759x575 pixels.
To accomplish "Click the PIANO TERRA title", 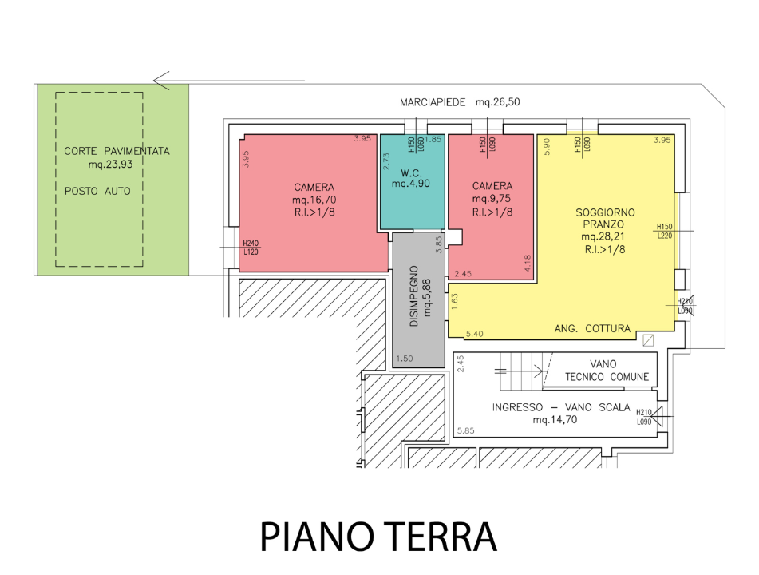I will coord(378,537).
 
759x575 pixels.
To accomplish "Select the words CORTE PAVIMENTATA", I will coord(117,151).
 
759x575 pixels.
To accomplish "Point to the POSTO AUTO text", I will coord(97,192).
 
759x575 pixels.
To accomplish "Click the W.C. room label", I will coord(411,172).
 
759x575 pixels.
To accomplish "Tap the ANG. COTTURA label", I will coord(592,328).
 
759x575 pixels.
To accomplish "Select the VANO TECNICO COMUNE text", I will coord(607,370).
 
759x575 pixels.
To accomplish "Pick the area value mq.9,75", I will coord(492,199).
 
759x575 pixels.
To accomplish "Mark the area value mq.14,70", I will coord(556,419).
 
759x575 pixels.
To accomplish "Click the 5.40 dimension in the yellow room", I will coord(475,333).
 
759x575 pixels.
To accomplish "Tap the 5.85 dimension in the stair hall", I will coord(467,431).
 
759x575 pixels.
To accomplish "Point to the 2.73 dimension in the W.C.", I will coord(386,159).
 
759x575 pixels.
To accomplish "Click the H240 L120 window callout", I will coord(251,248).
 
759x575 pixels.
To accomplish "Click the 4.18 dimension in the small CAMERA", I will coord(528,264).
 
